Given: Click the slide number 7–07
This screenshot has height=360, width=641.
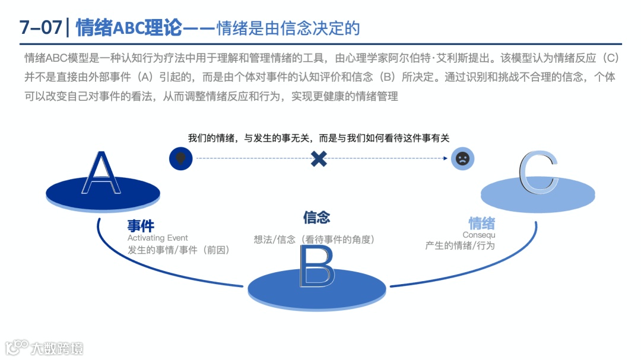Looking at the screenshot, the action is point(40,28).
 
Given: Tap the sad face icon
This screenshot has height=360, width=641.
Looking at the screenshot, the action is point(462,158).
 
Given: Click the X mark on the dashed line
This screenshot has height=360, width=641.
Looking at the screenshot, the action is point(319,158).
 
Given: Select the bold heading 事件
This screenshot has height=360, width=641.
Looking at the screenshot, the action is point(141,226).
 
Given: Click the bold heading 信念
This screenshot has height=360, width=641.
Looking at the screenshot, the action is point(316,217).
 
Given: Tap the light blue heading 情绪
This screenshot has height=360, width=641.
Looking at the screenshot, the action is point(482,224).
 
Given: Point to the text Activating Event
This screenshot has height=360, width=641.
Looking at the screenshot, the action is point(158,238).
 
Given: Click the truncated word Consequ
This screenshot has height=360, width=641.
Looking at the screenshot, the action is point(478,235).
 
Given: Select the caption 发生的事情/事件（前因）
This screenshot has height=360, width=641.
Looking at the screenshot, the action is point(179,250).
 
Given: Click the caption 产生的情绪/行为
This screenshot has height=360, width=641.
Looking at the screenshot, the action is point(460,246).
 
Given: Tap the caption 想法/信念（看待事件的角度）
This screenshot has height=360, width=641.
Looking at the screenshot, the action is point(315,240).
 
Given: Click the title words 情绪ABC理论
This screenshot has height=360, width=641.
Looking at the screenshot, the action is point(129,28).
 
